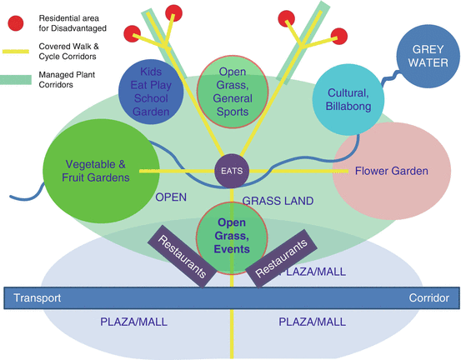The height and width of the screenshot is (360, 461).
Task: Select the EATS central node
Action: [x=231, y=171]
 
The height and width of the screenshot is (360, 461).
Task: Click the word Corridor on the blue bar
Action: [x=429, y=298]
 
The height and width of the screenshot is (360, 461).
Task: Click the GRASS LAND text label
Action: [x=278, y=201]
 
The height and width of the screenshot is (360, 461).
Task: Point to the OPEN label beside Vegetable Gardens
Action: [x=171, y=197]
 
